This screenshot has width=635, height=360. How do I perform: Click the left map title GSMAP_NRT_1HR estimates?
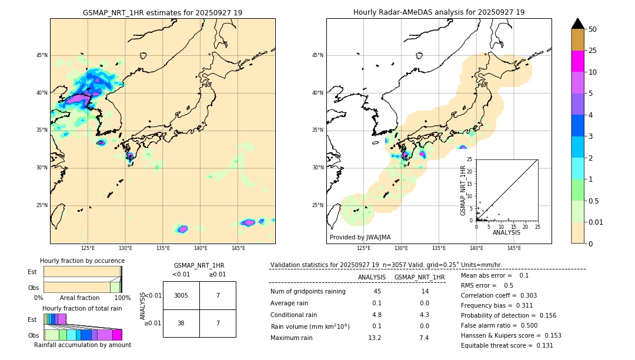click(x=162, y=12)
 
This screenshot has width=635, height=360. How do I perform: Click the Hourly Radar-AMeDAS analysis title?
click(x=439, y=12)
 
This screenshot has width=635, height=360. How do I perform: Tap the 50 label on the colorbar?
click(x=593, y=29)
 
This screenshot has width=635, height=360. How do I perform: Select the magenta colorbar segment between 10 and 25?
click(x=578, y=61)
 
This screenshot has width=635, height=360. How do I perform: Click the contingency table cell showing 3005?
click(x=181, y=295)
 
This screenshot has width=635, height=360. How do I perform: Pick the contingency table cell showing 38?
click(x=181, y=323)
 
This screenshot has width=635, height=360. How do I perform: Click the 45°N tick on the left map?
click(x=42, y=55)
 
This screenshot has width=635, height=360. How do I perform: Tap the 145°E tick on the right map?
click(x=514, y=248)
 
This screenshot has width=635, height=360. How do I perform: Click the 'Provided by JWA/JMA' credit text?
click(x=360, y=238)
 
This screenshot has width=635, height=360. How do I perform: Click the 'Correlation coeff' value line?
click(x=499, y=296)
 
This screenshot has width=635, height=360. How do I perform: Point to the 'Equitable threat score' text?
click(x=507, y=346)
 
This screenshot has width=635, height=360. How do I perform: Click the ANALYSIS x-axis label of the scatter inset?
click(x=506, y=233)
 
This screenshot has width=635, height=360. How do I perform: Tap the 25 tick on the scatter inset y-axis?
click(x=470, y=159)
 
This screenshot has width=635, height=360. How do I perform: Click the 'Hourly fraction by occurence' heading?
click(x=82, y=261)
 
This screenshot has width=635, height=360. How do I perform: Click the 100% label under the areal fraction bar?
click(x=122, y=298)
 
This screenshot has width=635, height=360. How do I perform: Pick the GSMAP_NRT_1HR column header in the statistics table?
click(x=419, y=277)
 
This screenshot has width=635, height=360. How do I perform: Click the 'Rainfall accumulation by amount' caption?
click(x=82, y=345)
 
